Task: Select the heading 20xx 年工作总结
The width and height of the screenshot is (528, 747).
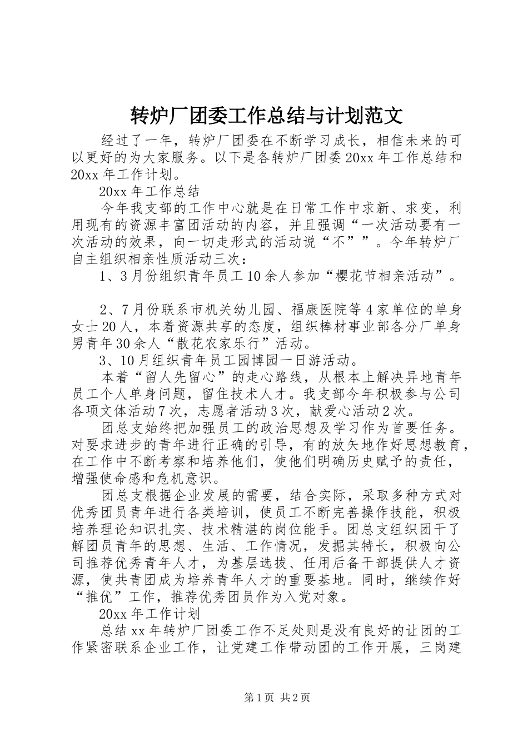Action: click(148, 192)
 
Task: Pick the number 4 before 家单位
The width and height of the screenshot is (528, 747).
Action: click(373, 310)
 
